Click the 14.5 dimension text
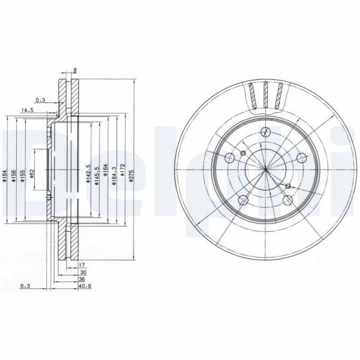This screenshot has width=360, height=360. (28, 110)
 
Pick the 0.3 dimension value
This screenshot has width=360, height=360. (41, 99)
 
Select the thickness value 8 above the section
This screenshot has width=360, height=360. (74, 71)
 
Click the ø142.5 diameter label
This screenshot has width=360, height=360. (87, 174)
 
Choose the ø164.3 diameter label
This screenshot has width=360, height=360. (113, 174)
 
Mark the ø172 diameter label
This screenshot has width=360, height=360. (122, 174)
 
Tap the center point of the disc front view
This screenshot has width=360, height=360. (265, 170)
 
